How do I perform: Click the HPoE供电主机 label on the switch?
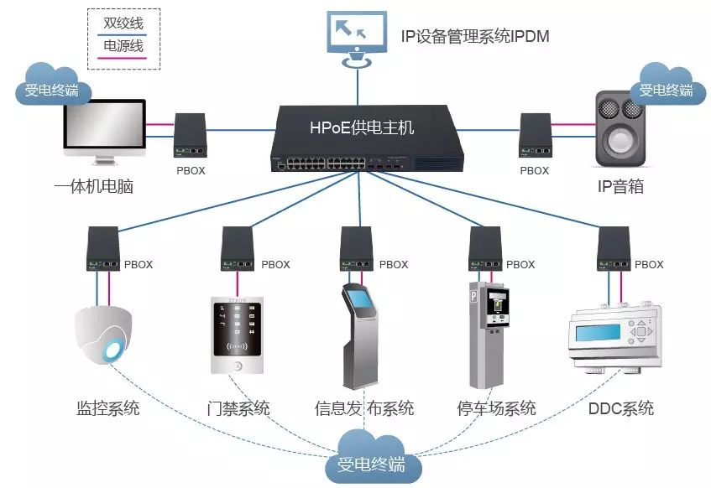pos(362,127)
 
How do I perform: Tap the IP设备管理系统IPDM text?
pos(475,36)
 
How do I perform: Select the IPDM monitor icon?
pos(358,39)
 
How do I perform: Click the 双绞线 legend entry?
pos(123,23)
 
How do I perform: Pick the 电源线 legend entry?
pos(123,46)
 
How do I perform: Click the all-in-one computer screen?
pos(105,125)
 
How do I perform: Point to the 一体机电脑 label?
pos(94,186)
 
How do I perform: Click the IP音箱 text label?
pos(620,186)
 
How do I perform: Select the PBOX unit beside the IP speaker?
pos(535,135)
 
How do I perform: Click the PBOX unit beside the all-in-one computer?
pos(191,135)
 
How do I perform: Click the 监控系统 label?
pos(108,408)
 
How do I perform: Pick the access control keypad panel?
pos(238,335)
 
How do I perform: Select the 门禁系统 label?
pos(238,408)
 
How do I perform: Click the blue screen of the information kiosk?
pos(362,299)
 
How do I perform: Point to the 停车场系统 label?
pos(496,408)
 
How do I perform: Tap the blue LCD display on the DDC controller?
pos(598,333)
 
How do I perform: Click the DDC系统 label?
pos(621,408)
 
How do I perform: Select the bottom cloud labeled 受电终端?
pos(373,459)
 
